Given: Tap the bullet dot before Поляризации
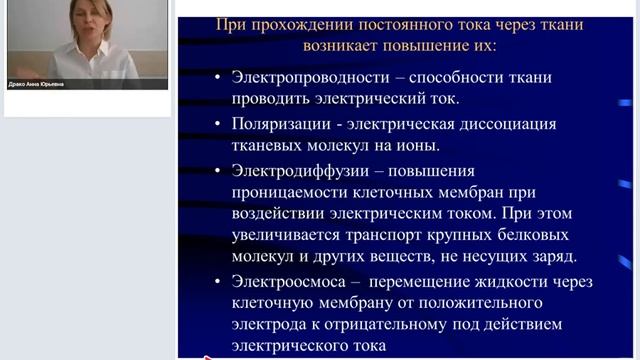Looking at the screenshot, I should (x=218, y=125).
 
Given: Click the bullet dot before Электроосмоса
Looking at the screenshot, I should (x=218, y=283).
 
